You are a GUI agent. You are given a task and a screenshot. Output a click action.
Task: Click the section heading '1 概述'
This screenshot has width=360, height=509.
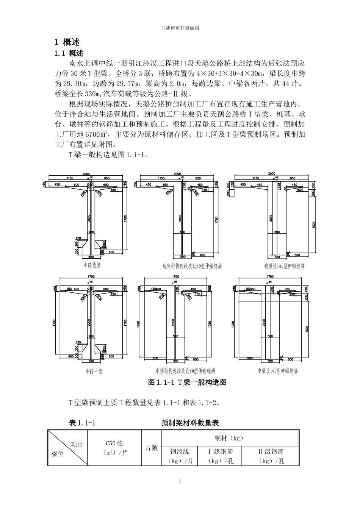tap(67, 42)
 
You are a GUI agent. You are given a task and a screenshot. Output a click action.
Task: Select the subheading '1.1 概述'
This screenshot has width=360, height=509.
tap(69, 53)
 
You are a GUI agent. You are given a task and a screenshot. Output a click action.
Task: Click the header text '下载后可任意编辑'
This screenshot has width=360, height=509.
tap(180, 28)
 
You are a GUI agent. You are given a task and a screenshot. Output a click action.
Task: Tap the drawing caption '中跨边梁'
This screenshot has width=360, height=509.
tap(92, 265)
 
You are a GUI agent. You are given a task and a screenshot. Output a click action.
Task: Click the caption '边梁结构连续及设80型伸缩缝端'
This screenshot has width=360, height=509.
tap(192, 266)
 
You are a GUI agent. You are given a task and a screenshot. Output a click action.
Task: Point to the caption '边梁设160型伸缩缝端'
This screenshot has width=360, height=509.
tap(284, 266)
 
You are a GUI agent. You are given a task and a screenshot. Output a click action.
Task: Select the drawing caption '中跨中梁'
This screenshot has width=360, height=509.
tap(94, 371)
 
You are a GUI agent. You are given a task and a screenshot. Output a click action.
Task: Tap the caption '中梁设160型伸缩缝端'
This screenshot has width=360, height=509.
tap(277, 371)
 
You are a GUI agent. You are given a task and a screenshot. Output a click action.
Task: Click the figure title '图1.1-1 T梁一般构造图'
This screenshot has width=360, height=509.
tap(188, 383)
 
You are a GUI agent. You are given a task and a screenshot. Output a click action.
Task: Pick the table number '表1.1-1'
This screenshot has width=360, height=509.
tap(82, 423)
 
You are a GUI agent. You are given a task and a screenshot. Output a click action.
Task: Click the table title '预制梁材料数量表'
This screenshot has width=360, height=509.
tap(190, 423)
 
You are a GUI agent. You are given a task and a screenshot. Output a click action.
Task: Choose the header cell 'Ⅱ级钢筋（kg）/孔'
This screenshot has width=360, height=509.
tap(271, 456)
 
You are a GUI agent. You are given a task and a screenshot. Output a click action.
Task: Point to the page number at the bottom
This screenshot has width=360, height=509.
tap(180, 481)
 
